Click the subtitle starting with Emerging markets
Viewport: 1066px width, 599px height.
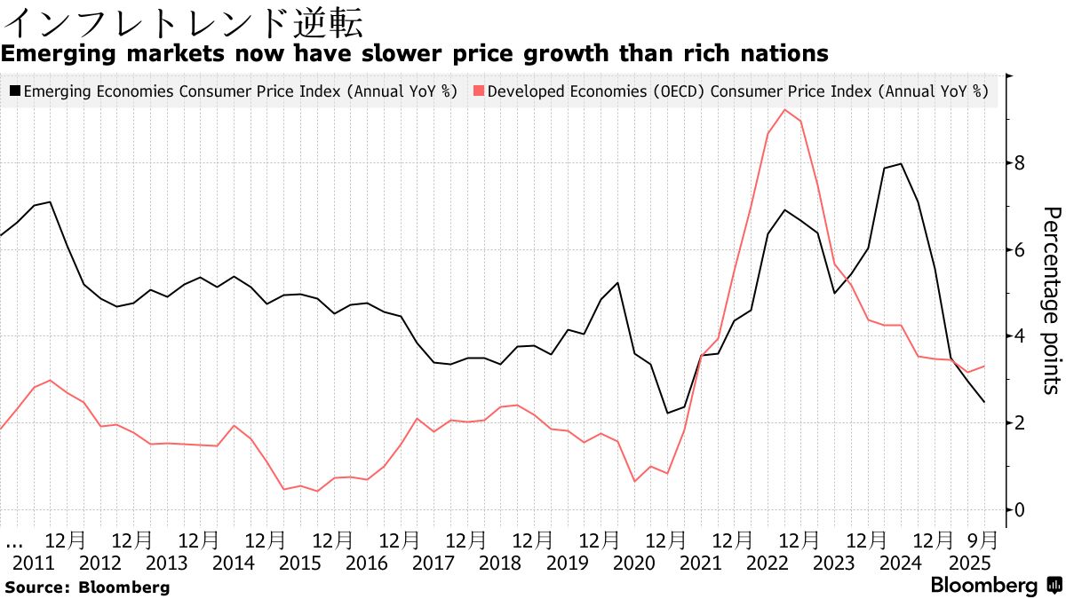point(414,54)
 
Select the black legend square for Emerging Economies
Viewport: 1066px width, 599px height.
point(15,91)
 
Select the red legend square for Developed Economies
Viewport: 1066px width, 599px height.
point(480,91)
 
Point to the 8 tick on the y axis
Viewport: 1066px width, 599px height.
point(1019,163)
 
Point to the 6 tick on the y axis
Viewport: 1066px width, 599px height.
point(1019,250)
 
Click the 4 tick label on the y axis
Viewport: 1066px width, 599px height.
point(1019,336)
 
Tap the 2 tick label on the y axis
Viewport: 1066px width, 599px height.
point(1019,423)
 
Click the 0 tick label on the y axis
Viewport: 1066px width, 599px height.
point(1019,509)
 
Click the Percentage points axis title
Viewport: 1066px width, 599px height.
point(1051,300)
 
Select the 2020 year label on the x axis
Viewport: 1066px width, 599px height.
point(633,563)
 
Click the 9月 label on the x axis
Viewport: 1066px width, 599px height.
point(982,540)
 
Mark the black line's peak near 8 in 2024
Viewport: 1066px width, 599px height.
point(902,163)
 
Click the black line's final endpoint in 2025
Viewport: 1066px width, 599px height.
point(983,402)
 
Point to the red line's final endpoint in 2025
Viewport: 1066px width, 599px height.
point(983,366)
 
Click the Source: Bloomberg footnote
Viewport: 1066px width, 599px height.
point(86,587)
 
